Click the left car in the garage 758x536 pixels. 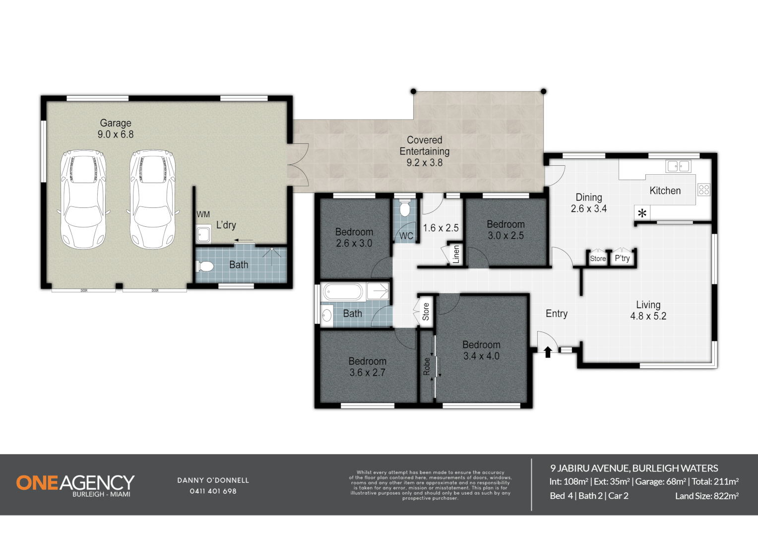pos(83,200)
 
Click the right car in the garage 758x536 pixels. pos(152,200)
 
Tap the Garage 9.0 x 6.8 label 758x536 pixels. pos(116,129)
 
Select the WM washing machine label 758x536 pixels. pos(203,214)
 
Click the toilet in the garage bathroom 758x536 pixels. pos(205,267)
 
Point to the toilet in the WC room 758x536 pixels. pos(405,208)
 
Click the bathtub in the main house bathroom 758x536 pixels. pos(343,292)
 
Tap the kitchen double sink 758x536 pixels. pos(678,166)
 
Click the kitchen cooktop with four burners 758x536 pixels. pos(703,189)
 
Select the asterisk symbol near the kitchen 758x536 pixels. pos(642,214)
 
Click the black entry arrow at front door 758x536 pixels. pos(548,352)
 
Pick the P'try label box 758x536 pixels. pos(622,258)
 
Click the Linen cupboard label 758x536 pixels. pos(456,254)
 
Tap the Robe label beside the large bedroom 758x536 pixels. pos(427,366)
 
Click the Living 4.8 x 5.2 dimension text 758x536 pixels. pos(648,316)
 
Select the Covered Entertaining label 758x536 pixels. pos(425,151)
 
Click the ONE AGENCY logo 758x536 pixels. pos(75,484)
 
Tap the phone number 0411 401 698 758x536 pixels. pos(213,491)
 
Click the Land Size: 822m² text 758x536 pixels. pos(706,496)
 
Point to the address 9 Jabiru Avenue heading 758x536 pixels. pos(634,468)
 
